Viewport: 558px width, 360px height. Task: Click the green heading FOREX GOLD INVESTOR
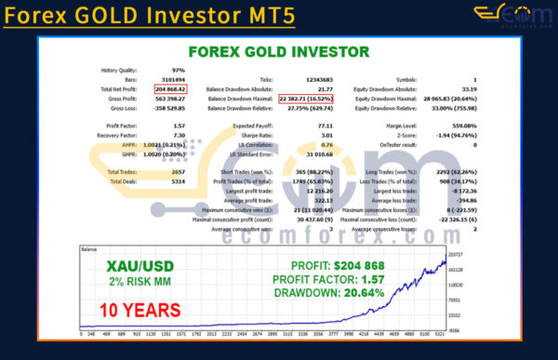coord(278,52)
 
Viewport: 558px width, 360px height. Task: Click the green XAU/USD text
coord(140,265)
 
